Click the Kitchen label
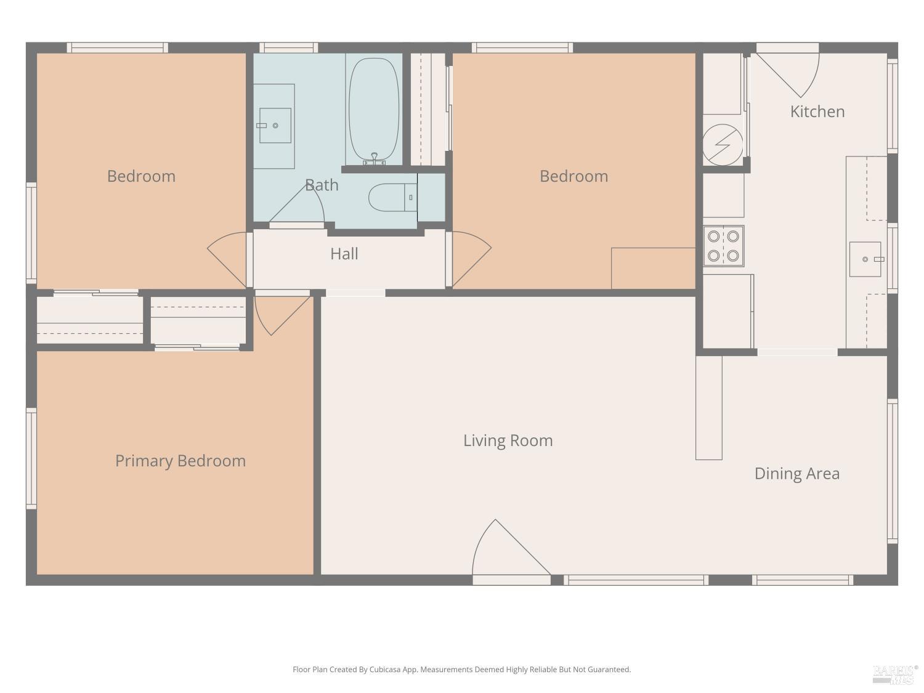point(817,111)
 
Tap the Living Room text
point(508,440)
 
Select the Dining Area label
point(797,474)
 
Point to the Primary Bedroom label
point(180,461)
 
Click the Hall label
point(344,254)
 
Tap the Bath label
point(322,185)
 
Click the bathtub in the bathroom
point(374,110)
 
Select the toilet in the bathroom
point(392,197)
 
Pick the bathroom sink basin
point(275,126)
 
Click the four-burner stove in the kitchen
point(723,246)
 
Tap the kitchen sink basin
point(865,259)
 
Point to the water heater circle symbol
point(723,144)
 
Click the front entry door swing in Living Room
point(511,547)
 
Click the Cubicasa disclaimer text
point(462,669)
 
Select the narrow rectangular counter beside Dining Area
point(708,408)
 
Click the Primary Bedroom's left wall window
point(31,459)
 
